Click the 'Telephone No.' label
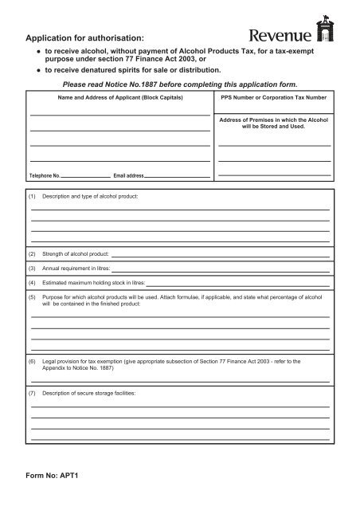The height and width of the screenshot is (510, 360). click(45, 175)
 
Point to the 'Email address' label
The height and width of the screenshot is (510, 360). click(128, 175)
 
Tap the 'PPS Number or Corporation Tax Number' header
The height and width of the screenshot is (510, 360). click(273, 98)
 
